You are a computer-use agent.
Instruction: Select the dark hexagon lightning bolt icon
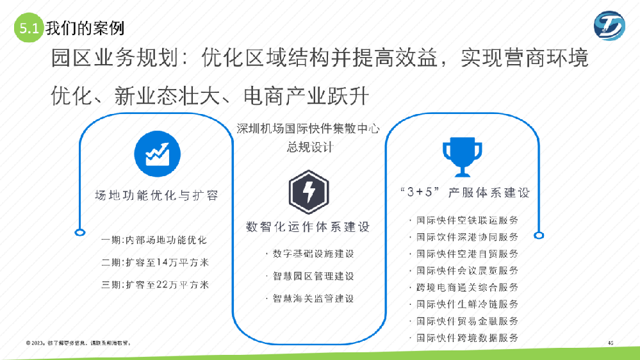click(x=308, y=191)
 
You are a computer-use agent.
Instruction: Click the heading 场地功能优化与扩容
click(x=156, y=195)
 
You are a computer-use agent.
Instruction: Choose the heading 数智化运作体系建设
click(x=308, y=227)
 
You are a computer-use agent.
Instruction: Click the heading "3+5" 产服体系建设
click(x=464, y=192)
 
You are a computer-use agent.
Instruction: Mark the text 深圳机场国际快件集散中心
click(x=308, y=129)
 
